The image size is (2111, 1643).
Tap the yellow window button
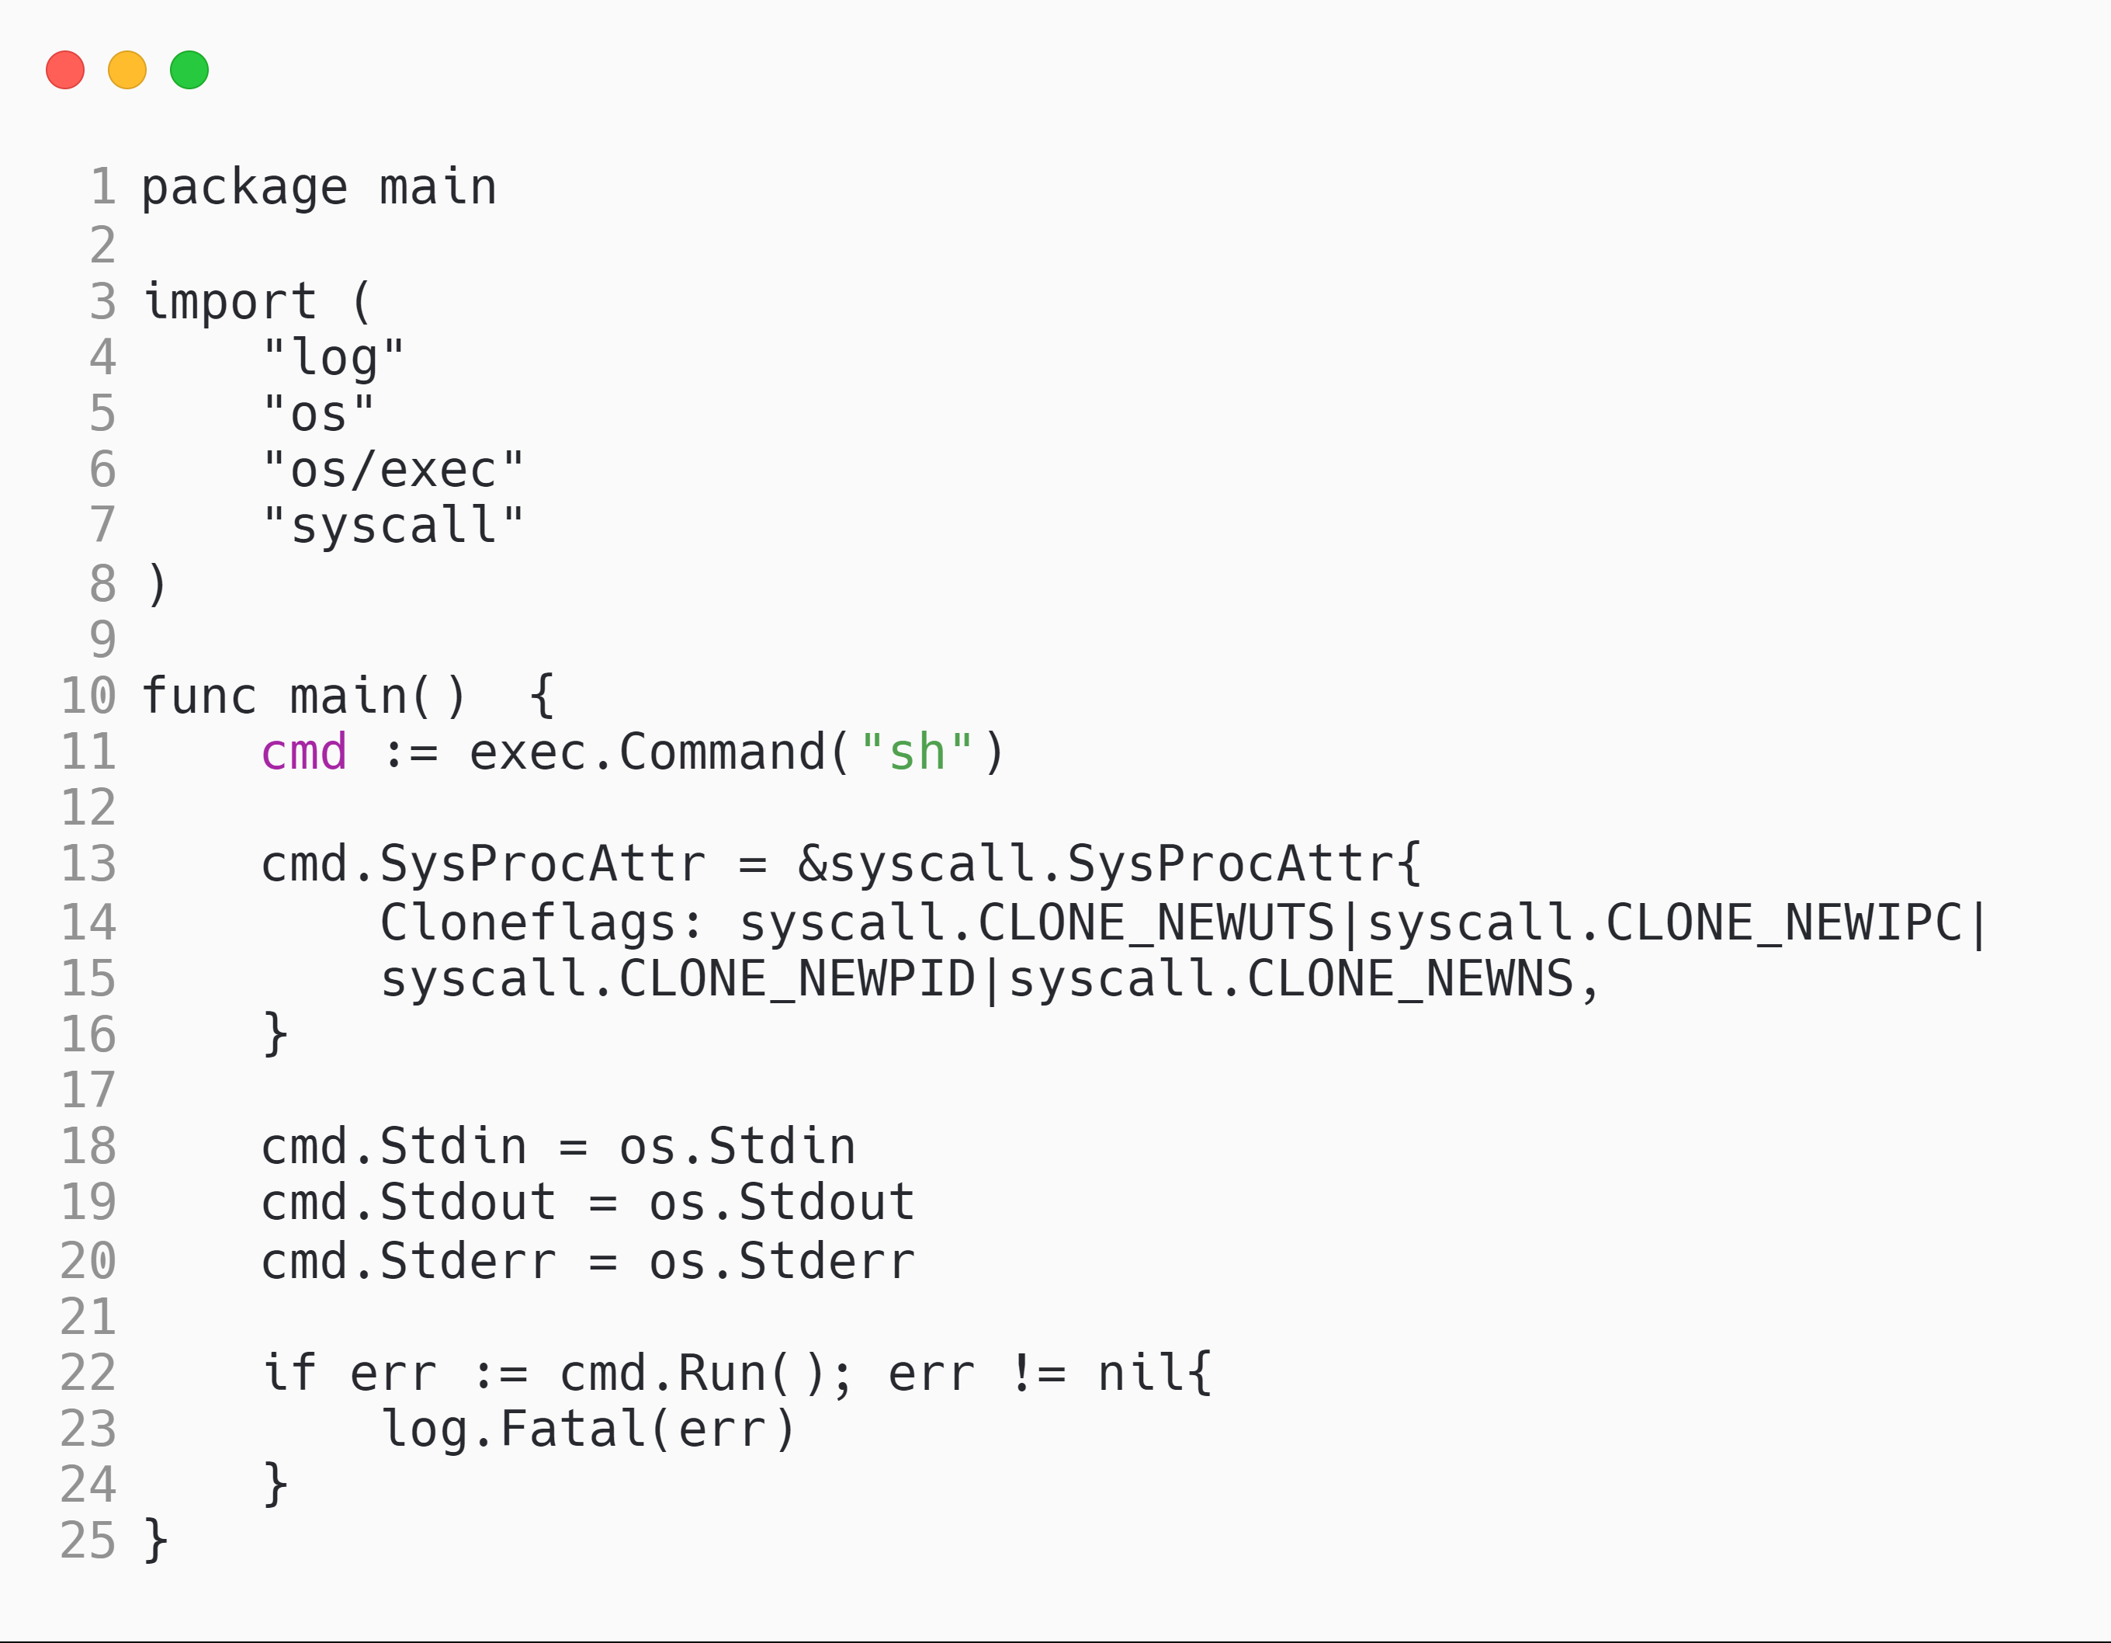127,70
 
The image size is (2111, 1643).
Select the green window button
189,70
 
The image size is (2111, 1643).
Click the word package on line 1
244,188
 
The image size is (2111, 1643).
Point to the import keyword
230,302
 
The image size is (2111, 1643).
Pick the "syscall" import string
393,527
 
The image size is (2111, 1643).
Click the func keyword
199,696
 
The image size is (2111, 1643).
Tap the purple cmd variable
303,753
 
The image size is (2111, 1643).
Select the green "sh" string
917,753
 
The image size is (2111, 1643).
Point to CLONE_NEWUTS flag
1156,922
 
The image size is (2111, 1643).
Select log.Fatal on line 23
513,1430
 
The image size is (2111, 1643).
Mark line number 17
88,1091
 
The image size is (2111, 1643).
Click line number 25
88,1541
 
